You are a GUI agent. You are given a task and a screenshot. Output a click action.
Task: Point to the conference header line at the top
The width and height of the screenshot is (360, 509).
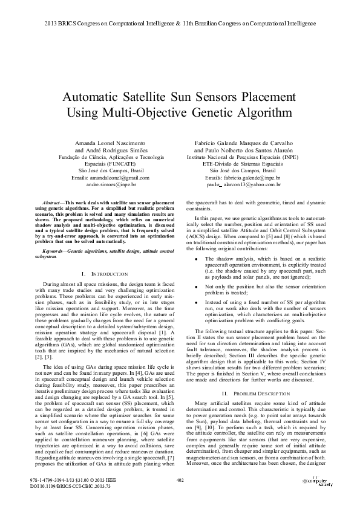(180, 24)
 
